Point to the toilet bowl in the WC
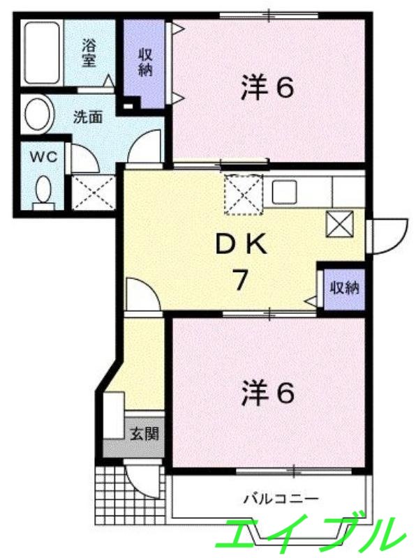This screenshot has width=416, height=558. (x=43, y=189)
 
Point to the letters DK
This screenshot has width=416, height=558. (x=239, y=244)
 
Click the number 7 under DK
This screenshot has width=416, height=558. (x=239, y=280)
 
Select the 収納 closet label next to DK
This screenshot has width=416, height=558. (x=344, y=287)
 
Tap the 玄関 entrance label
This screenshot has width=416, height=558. (x=144, y=433)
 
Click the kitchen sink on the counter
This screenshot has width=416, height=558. (x=285, y=190)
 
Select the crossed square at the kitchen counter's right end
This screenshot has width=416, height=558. (x=341, y=224)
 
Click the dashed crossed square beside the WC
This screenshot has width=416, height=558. (x=93, y=192)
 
